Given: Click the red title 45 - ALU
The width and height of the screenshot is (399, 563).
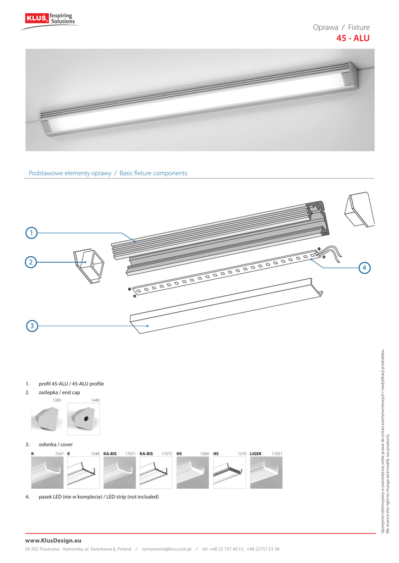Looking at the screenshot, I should (353, 38).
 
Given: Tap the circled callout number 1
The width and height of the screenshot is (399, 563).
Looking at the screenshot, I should (32, 233).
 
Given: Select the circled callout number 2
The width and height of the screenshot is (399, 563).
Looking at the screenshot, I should (32, 262).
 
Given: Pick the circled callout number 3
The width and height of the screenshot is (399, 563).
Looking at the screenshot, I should (32, 326).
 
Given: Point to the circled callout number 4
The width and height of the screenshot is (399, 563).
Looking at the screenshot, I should (364, 268).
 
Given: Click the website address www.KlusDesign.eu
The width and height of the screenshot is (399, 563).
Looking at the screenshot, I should (53, 541).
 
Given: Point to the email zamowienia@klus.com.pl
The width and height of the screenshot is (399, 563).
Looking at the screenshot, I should (166, 549).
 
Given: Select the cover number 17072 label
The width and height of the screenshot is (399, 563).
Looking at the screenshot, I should (167, 454).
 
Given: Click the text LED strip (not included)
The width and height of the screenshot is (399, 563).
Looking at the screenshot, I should (130, 497).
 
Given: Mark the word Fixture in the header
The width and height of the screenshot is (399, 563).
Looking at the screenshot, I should (359, 27).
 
